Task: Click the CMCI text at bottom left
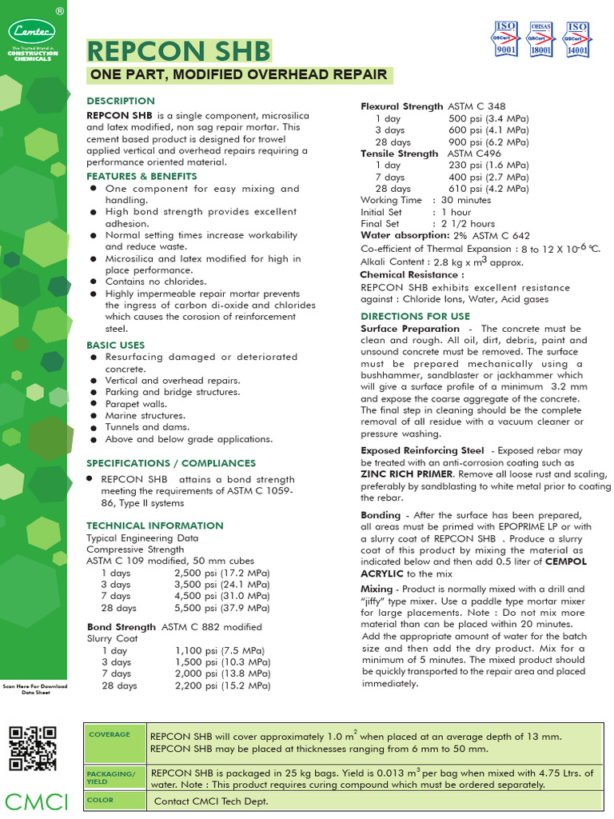35,801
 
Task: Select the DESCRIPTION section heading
121,101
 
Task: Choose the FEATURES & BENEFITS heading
142,175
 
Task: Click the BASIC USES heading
116,345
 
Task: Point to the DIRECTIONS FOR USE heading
415,316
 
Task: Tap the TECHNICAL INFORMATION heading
155,525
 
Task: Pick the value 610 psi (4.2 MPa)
488,188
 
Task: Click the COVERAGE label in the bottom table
109,735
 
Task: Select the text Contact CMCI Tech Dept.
212,801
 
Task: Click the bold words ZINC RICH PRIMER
409,473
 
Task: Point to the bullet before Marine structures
94,416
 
